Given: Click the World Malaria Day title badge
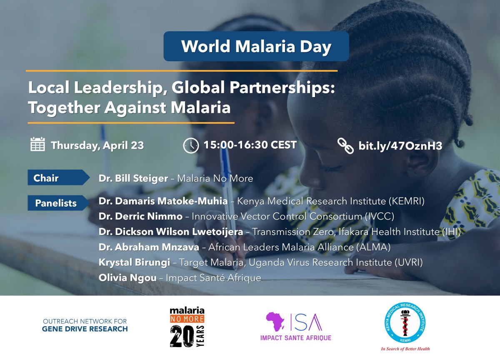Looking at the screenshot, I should click(x=256, y=46).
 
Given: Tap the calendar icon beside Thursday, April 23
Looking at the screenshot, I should click(x=38, y=144).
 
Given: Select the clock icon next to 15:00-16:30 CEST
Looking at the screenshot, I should click(x=191, y=145).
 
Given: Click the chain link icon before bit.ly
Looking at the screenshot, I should click(x=345, y=146).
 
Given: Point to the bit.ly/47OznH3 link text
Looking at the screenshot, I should click(x=400, y=146).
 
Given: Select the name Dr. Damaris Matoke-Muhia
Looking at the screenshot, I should click(x=163, y=201).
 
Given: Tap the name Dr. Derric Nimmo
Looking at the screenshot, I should click(x=140, y=217).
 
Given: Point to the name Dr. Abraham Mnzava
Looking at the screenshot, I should click(x=148, y=247).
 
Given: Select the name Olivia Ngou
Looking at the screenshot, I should click(x=127, y=278).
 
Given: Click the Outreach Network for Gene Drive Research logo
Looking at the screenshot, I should click(x=85, y=325).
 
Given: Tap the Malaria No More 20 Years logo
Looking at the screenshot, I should click(x=187, y=327).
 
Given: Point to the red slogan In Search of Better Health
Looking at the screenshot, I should click(x=405, y=348).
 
